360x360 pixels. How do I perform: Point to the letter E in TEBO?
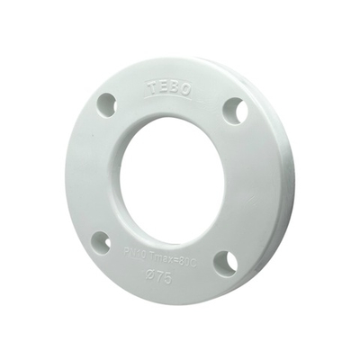pos(162,86)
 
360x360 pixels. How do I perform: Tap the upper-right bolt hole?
pos(236,111)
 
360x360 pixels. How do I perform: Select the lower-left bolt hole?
pos(102,242)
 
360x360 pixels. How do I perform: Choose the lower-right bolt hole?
pos(226,262)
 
